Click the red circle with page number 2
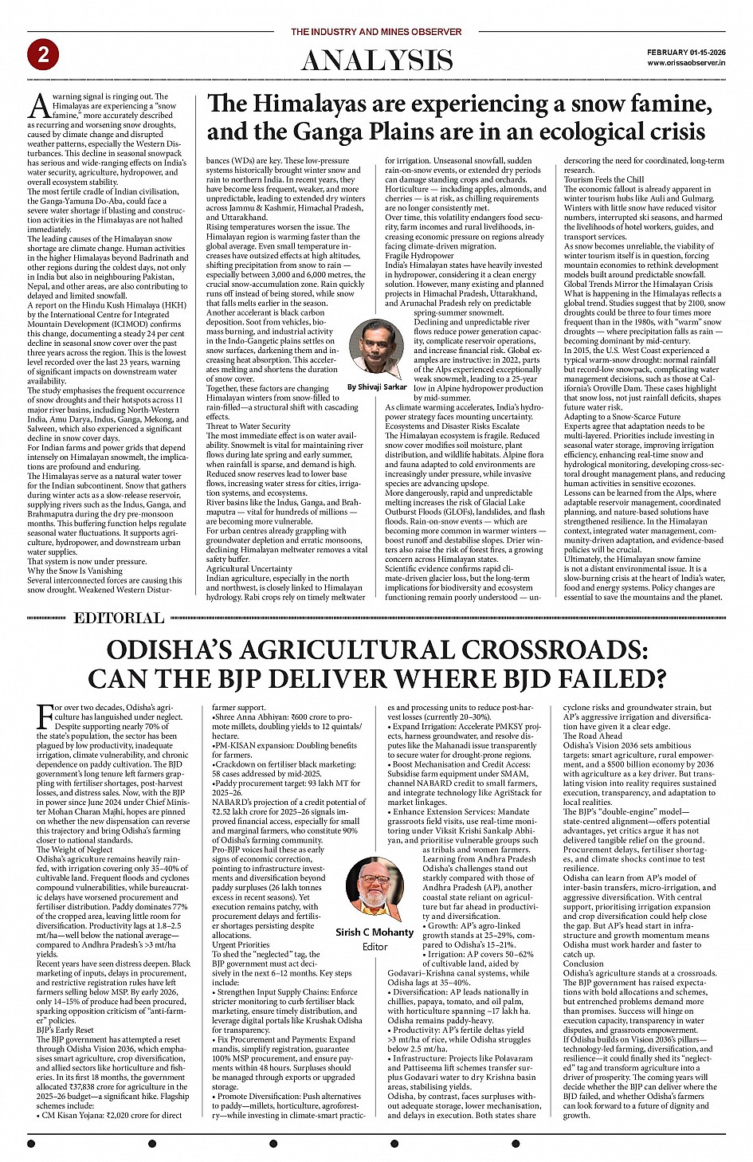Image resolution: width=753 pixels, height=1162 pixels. click(43, 54)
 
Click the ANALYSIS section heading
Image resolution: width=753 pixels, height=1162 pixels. click(377, 61)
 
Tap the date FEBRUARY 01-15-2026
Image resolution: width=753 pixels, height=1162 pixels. click(686, 52)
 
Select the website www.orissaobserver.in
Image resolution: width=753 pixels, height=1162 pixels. click(686, 62)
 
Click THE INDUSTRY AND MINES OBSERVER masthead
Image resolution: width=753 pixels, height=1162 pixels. click(376, 32)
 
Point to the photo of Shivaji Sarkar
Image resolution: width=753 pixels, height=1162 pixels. click(377, 348)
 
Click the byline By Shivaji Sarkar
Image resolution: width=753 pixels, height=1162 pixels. click(377, 387)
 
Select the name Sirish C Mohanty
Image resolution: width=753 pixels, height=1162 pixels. click(375, 932)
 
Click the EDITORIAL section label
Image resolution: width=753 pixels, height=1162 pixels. click(119, 618)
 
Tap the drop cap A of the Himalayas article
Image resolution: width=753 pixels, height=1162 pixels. click(39, 105)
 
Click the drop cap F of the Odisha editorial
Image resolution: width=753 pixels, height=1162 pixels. click(45, 716)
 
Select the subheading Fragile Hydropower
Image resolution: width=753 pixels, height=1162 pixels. click(419, 256)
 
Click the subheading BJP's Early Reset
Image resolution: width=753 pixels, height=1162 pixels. click(65, 1030)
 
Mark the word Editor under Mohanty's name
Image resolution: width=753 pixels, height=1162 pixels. click(375, 947)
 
